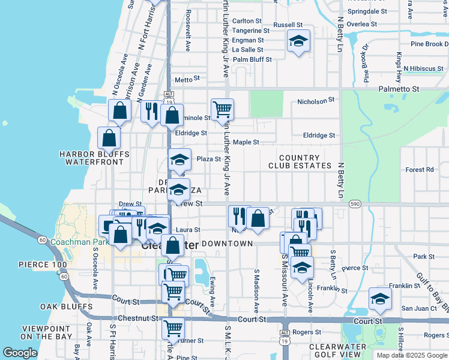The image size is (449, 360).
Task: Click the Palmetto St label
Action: click(x=398, y=89)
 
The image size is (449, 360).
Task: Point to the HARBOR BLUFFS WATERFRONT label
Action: click(x=94, y=158)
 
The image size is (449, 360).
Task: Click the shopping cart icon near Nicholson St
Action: click(x=222, y=109)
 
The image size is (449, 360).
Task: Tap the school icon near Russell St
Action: click(x=298, y=41)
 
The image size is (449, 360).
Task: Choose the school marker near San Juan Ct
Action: click(x=380, y=299)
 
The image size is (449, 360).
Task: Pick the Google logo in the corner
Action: click(x=20, y=353)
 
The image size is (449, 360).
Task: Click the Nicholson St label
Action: click(x=315, y=101)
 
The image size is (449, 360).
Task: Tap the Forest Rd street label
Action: click(x=419, y=170)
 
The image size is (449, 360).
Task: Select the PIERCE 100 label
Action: click(x=43, y=265)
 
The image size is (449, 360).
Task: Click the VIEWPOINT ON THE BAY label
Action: click(x=47, y=332)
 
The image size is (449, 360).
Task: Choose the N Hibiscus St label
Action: click(x=423, y=68)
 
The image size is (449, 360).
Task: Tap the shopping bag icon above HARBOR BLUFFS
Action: click(x=109, y=138)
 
